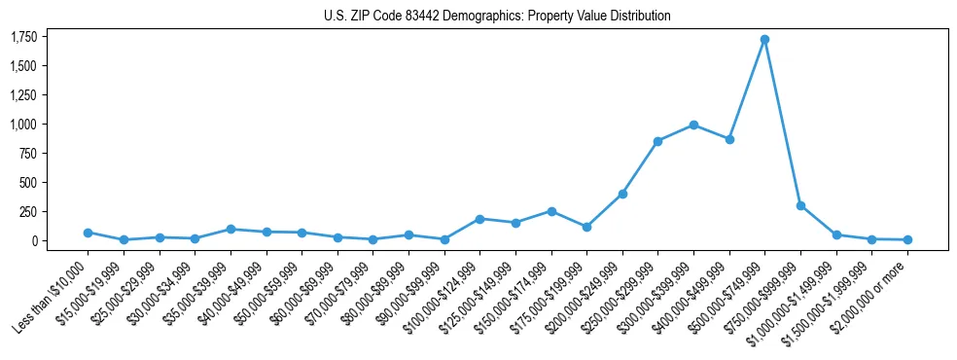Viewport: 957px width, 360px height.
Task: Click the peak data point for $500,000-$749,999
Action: tap(765, 40)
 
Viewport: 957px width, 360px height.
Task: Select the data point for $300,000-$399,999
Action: tap(693, 125)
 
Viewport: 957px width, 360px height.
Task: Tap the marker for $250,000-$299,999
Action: tap(658, 141)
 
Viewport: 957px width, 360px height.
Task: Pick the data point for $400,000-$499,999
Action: tap(729, 139)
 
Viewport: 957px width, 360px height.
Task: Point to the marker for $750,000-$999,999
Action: tap(800, 205)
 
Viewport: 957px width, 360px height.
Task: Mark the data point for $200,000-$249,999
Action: tap(622, 194)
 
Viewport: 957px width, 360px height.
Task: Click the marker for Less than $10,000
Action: tap(88, 233)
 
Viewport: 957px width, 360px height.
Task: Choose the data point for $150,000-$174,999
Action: tap(551, 211)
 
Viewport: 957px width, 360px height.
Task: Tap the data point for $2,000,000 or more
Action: tap(907, 239)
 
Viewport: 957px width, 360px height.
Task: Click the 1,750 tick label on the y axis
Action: tap(23, 37)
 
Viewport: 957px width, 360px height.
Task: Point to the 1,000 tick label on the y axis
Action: tap(23, 125)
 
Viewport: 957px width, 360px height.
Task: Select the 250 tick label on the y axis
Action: tap(29, 211)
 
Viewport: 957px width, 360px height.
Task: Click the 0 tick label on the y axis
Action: tap(35, 240)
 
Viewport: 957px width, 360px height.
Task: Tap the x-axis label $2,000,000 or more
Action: tap(872, 289)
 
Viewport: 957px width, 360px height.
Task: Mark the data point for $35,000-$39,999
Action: tap(230, 229)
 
